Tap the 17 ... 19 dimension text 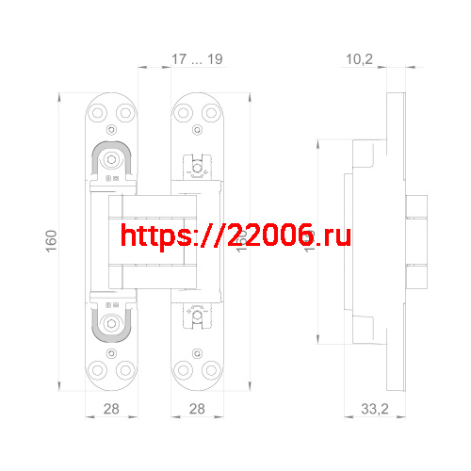point(197,59)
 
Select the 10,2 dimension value point(360,59)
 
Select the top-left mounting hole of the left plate point(99,111)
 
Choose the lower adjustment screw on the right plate point(197,320)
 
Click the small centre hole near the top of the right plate point(197,129)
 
